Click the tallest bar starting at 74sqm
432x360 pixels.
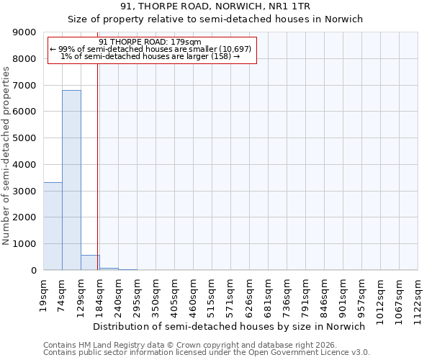(x=71, y=180)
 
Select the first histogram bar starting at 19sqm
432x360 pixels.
(x=53, y=226)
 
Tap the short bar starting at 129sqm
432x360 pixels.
(x=90, y=263)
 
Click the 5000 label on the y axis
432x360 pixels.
(x=25, y=138)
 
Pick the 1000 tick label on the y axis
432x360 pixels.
(x=25, y=244)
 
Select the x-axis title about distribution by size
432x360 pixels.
(x=230, y=326)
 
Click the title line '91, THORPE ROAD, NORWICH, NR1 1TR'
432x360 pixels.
(x=216, y=7)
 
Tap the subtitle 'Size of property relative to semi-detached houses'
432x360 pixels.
(x=216, y=19)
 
